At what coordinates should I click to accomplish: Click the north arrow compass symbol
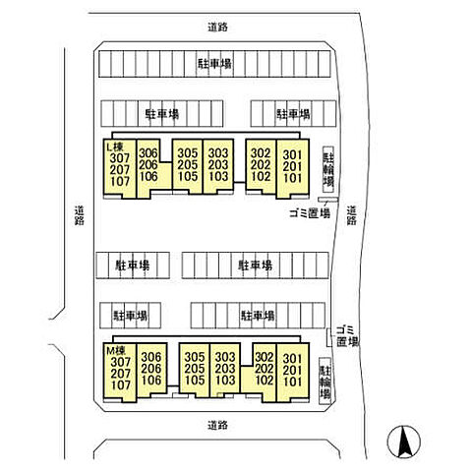[403, 442]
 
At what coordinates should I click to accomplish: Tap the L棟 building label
[114, 147]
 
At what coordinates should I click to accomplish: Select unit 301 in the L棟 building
[292, 154]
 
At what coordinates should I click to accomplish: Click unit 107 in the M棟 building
[121, 385]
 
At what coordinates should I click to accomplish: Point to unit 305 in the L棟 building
[188, 153]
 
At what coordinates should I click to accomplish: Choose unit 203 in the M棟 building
[225, 369]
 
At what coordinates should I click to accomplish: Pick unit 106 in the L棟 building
[148, 176]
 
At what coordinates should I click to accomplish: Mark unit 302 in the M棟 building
[265, 357]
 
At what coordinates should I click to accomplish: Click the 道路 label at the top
[217, 27]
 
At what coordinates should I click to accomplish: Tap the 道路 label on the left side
[79, 215]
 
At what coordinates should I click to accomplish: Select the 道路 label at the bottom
[217, 426]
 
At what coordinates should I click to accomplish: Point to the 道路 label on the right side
[351, 215]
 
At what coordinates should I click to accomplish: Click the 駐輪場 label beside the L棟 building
[328, 169]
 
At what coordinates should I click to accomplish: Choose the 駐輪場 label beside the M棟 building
[324, 381]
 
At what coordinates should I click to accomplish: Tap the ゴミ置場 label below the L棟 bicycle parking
[310, 213]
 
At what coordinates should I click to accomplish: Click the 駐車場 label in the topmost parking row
[215, 64]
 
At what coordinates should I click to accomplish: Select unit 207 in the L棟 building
[120, 170]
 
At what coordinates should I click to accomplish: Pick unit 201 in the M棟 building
[292, 371]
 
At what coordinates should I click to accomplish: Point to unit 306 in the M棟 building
[151, 357]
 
